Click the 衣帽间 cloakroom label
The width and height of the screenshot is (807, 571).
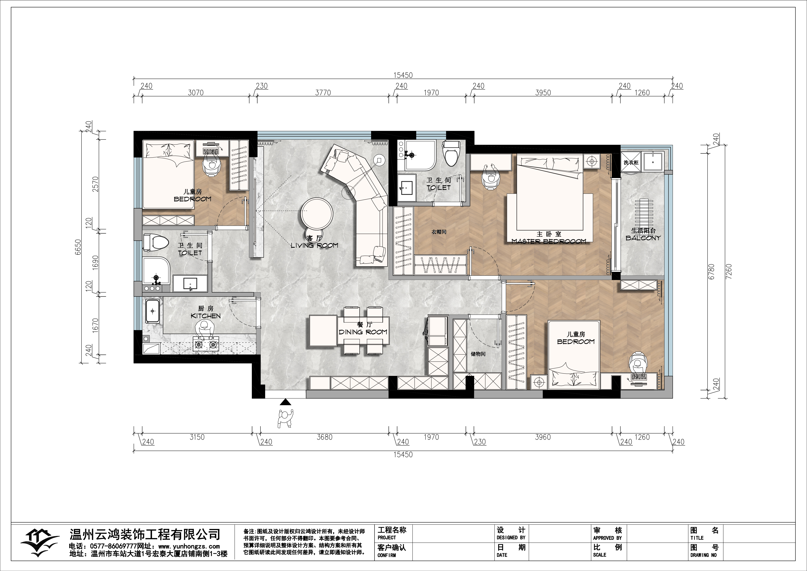(x=439, y=232)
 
